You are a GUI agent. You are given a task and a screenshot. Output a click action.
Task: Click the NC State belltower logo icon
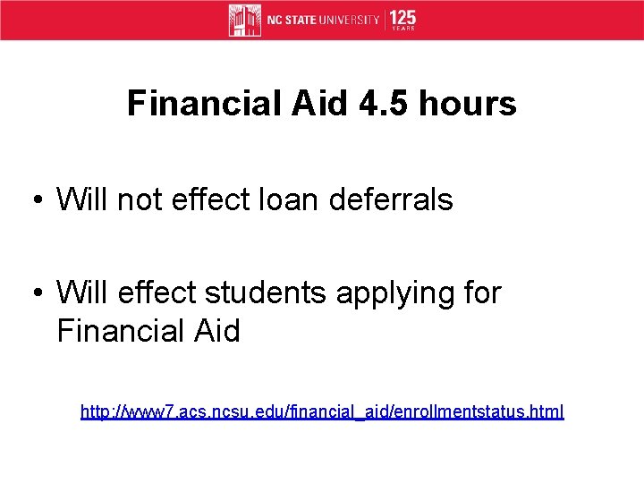click(245, 20)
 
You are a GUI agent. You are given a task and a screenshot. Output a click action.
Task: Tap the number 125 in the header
click(402, 17)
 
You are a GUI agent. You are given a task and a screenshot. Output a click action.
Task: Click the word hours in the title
click(462, 104)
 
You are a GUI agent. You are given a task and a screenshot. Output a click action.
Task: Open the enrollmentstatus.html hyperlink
click(322, 412)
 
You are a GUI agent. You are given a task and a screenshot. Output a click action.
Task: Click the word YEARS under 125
click(402, 29)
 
